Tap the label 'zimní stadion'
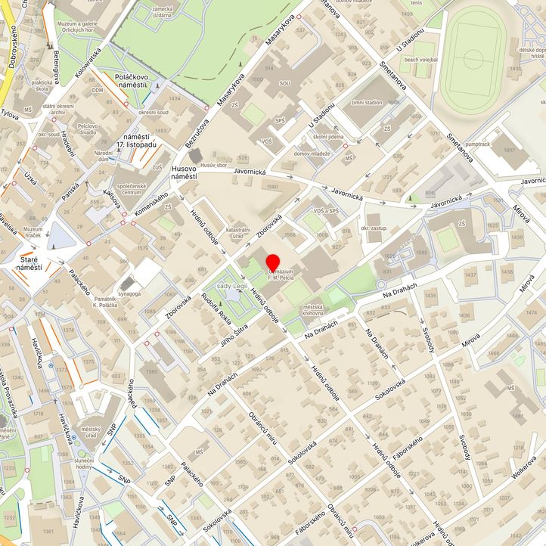[x=367, y=102]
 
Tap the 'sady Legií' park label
[x=234, y=287]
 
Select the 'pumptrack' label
[x=479, y=143]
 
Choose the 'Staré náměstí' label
[x=31, y=263]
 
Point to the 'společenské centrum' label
[x=133, y=188]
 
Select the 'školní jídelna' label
[x=328, y=137]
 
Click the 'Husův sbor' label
[x=214, y=165]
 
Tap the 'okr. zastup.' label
[x=375, y=227]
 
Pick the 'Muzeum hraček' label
[x=33, y=233]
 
